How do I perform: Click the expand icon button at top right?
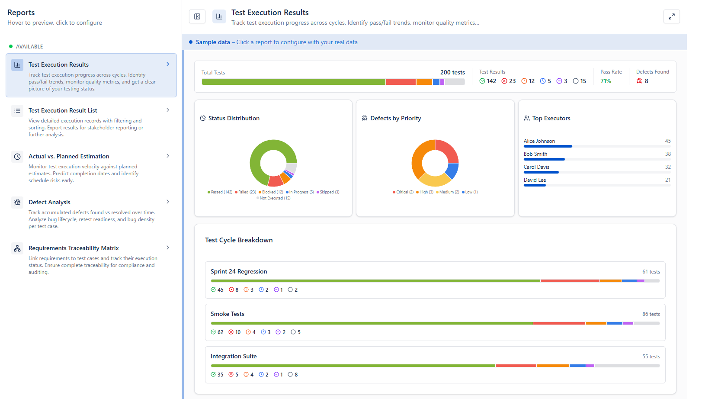coord(671,16)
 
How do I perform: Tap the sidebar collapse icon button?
coord(197,16)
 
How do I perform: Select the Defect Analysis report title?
coord(49,202)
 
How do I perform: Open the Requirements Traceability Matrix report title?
coord(74,248)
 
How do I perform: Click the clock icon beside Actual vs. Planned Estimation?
coord(17,156)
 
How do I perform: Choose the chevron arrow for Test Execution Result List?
coord(168,110)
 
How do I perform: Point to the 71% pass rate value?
coord(606,81)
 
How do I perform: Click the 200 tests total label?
coord(452,72)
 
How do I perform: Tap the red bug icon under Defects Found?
coord(639,81)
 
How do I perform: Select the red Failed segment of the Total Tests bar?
coord(401,82)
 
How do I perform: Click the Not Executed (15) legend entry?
coord(273,198)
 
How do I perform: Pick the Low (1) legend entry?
coord(470,192)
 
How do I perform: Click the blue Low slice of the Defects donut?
coord(452,171)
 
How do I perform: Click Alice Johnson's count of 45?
coord(668,141)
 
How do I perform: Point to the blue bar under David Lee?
coord(535,185)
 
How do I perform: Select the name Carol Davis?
coord(536,167)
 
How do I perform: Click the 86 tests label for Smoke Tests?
coord(651,314)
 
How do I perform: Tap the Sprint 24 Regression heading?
coord(239,271)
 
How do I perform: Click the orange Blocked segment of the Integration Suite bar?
coord(553,366)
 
